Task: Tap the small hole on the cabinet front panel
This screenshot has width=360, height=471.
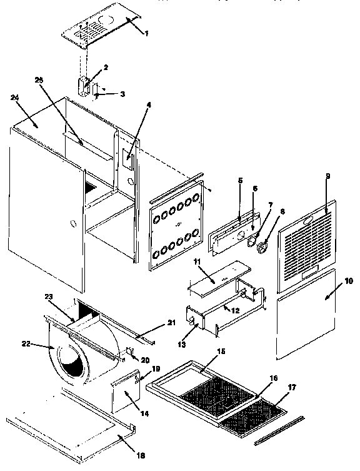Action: tap(74, 222)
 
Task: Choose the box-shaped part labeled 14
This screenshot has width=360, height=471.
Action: tap(124, 396)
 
